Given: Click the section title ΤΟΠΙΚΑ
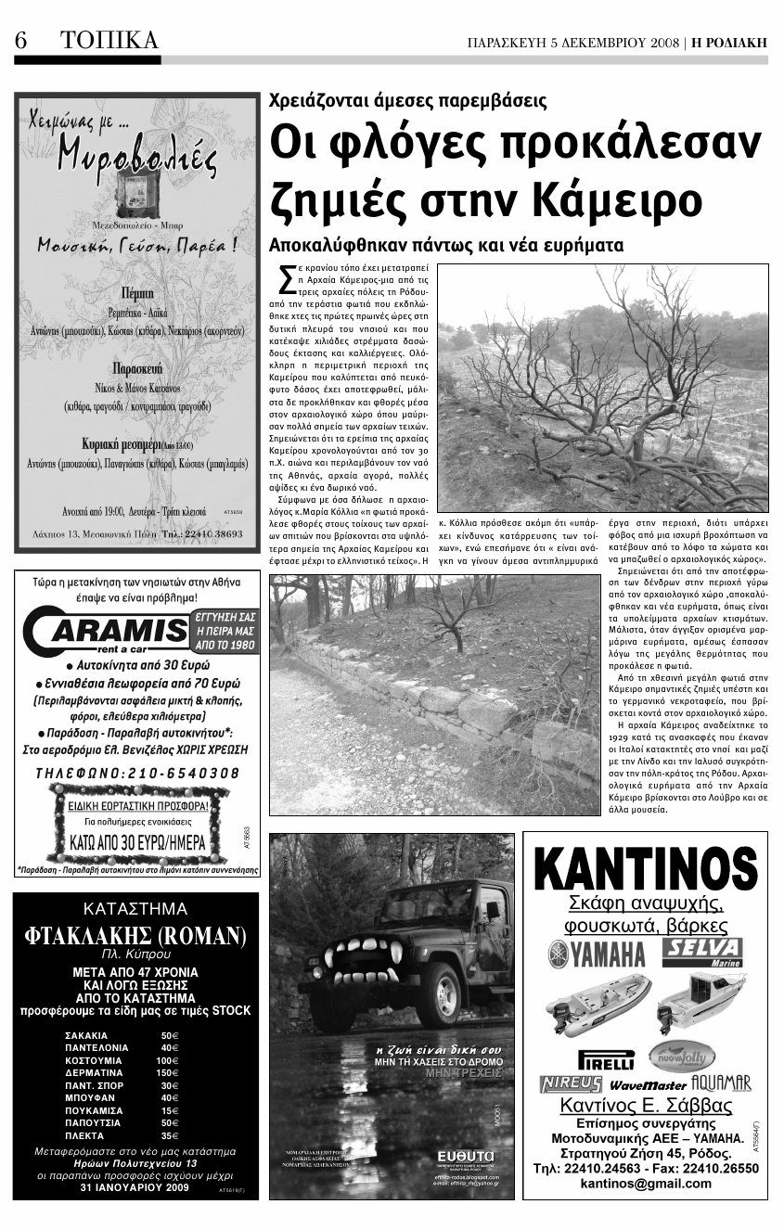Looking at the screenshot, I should coord(109,41).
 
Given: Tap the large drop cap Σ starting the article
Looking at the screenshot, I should coord(286,281).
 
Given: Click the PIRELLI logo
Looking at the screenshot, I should coord(606,1058).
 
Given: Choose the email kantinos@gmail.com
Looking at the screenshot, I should coord(646,1183).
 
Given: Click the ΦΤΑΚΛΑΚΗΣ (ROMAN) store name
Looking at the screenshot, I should coord(135,936).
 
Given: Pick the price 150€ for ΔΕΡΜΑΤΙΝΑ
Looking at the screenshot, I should coord(167,1072).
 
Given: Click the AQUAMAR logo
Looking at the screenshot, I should coord(723,1083).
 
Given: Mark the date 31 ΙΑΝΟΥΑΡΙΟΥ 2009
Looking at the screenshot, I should coord(135,1186).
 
